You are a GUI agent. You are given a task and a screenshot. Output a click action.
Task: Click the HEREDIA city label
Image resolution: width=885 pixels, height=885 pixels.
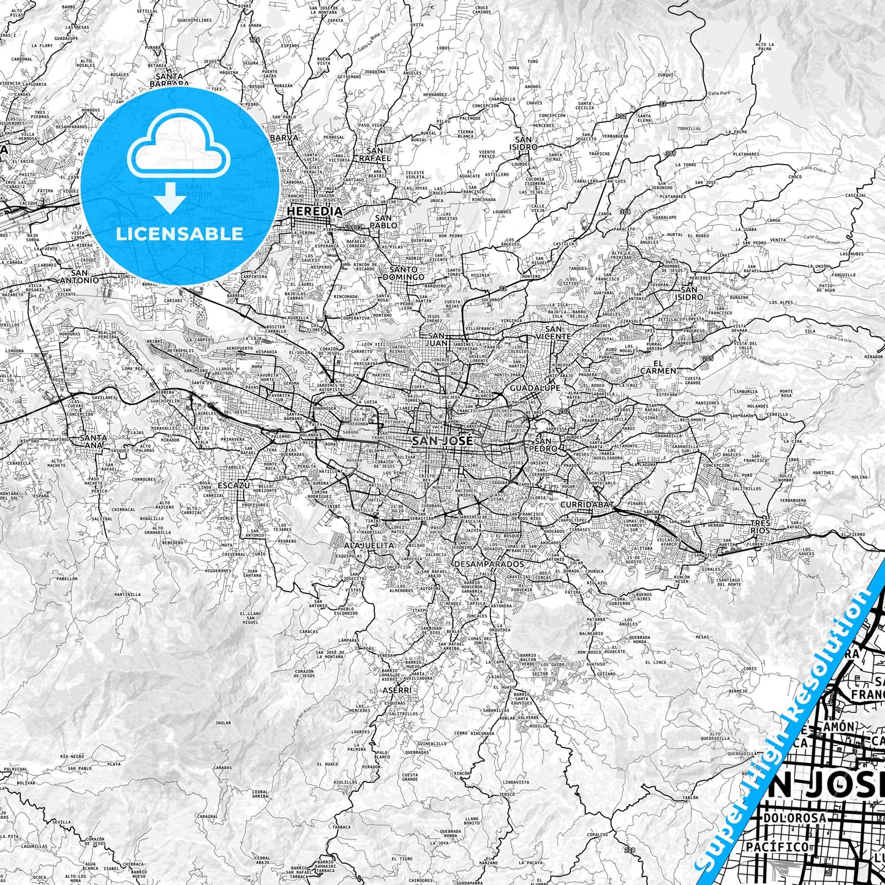coord(315,211)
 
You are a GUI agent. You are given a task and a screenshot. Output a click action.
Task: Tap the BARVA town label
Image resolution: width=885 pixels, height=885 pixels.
coord(284,138)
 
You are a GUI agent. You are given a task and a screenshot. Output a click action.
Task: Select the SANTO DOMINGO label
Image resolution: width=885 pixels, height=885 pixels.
coord(403,273)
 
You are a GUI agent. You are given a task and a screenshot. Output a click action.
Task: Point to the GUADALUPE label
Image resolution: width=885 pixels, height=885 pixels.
coord(535,388)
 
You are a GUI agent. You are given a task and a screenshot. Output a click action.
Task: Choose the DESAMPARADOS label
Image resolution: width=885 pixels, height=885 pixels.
coord(489,563)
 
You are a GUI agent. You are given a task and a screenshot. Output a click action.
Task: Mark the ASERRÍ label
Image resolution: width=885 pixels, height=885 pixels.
coord(396,690)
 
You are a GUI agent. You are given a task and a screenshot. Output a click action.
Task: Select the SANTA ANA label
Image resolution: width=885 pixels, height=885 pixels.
coord(93,441)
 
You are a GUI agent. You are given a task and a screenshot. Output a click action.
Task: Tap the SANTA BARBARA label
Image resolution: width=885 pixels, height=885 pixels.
coord(170,80)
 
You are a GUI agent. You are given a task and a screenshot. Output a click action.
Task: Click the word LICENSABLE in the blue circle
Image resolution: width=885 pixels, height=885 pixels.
coord(179,233)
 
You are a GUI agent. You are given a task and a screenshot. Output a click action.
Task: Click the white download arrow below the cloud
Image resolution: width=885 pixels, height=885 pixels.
coord(170,197)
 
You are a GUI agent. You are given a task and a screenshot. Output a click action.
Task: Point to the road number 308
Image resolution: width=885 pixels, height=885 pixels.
coord(624,211)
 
